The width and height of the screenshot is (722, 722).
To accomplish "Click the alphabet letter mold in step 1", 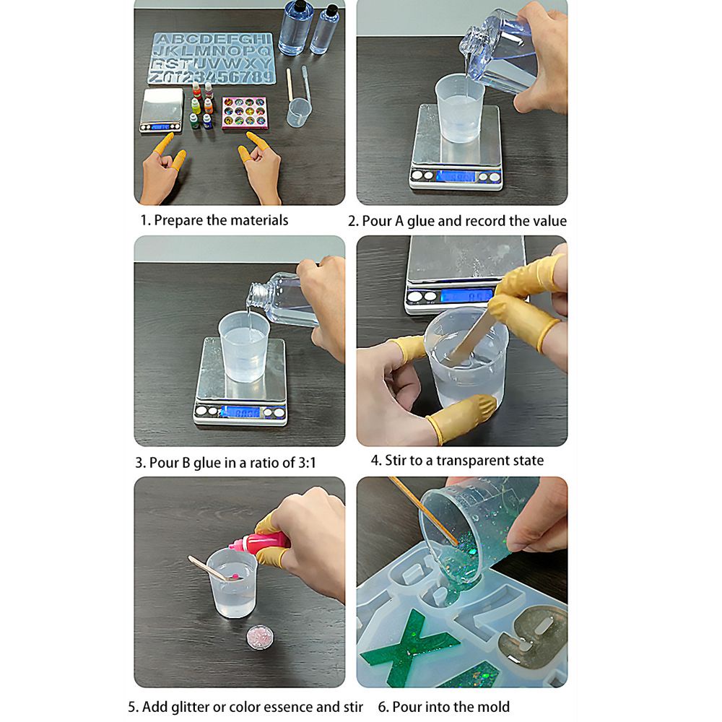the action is [212, 58].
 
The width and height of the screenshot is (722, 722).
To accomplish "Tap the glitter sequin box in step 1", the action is [245, 113].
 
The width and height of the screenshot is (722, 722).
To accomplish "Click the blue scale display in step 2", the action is [455, 176].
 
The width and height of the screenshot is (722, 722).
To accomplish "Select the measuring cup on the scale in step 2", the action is [460, 109].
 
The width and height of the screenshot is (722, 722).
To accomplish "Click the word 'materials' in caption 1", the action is [259, 220].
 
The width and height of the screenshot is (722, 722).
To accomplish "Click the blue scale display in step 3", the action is [240, 412].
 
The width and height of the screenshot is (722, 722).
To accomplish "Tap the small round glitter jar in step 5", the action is [260, 637].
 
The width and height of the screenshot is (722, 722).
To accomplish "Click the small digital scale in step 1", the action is [162, 111].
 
